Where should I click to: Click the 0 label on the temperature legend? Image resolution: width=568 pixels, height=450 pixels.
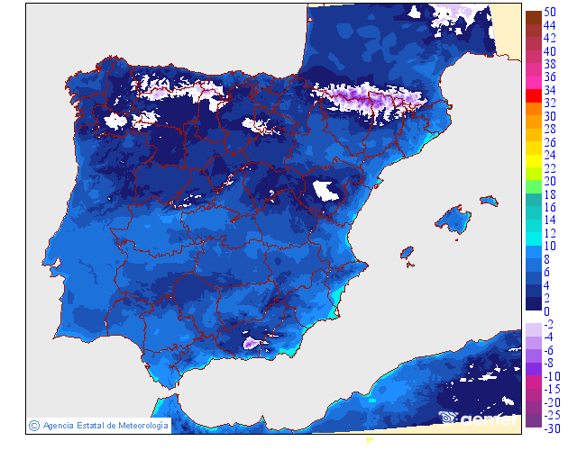pyautogui.click(x=546, y=310)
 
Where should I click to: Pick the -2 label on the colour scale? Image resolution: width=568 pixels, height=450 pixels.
pyautogui.click(x=548, y=324)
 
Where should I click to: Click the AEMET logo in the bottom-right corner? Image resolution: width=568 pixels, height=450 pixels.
pyautogui.click(x=478, y=417)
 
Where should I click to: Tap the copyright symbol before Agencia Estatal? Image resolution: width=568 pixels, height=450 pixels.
pyautogui.click(x=33, y=425)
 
